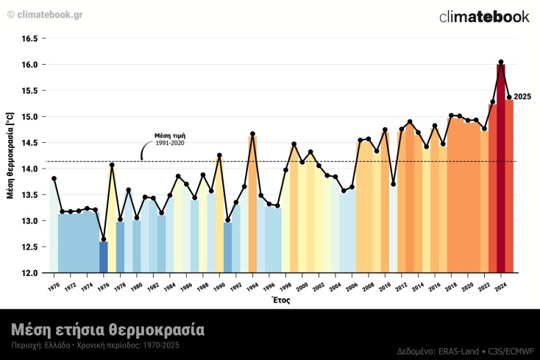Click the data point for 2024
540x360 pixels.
tap(501, 63)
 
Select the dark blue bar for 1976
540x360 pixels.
tap(104, 257)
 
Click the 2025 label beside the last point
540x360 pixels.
tap(522, 97)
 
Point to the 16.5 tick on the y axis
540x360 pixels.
tap(29, 38)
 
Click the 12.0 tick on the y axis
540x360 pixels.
tap(29, 273)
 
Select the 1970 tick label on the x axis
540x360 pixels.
tap(53, 286)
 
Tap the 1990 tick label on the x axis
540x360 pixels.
tap(219, 286)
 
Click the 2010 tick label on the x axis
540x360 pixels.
tap(385, 286)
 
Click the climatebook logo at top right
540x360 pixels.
tap(483, 17)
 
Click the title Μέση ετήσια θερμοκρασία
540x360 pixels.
tap(107, 328)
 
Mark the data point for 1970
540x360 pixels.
tap(54, 178)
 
